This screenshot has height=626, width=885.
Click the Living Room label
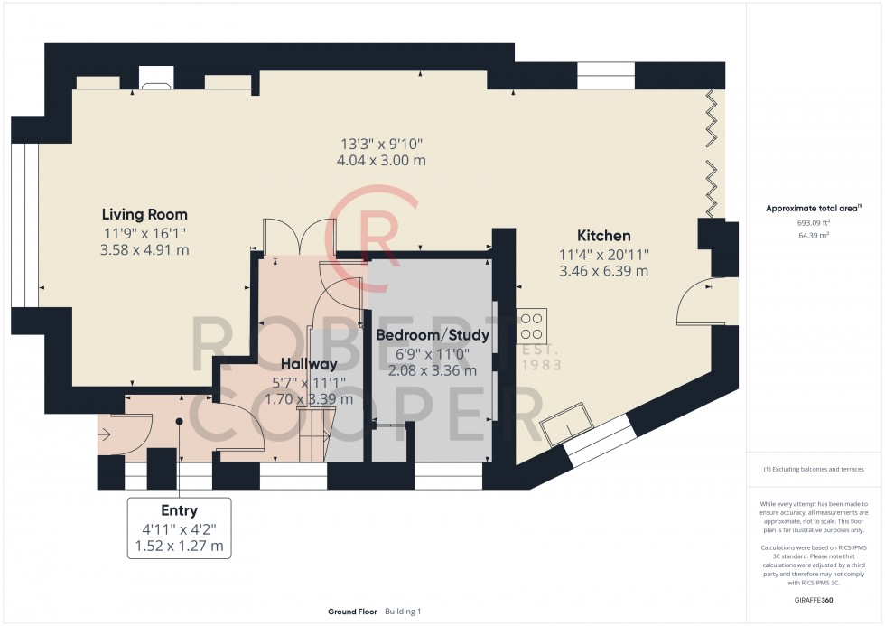pos(144,214)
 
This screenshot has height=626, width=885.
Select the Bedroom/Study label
pos(433,335)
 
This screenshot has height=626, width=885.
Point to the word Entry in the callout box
pos(179,510)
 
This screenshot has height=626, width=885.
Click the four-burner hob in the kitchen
pos(531,322)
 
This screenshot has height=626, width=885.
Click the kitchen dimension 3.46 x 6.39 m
pos(603,271)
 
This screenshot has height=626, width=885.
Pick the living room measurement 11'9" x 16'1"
pos(144,232)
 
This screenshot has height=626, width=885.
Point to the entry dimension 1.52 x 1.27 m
pos(179,546)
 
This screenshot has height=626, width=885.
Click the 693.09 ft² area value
pos(814,221)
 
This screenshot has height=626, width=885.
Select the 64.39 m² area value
pos(814,234)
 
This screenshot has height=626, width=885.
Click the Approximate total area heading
pos(813,208)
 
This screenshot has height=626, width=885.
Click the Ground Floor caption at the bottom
pos(353,612)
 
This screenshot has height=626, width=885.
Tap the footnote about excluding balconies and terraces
pos(814,469)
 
